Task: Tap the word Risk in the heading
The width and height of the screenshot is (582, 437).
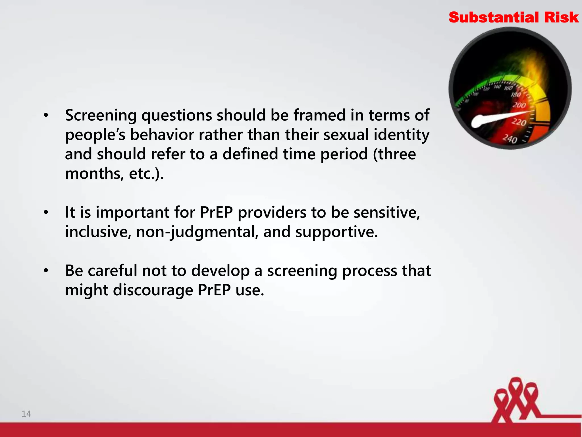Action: pyautogui.click(x=561, y=18)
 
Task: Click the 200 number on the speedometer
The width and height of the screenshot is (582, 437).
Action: pyautogui.click(x=519, y=105)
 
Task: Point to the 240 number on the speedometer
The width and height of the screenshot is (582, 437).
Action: pyautogui.click(x=510, y=139)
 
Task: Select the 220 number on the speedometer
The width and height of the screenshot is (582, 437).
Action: pyautogui.click(x=519, y=122)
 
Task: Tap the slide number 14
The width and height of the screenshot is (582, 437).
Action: pyautogui.click(x=26, y=414)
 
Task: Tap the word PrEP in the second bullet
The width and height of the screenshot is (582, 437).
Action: pyautogui.click(x=216, y=212)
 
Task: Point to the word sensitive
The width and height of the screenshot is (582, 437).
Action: pyautogui.click(x=386, y=212)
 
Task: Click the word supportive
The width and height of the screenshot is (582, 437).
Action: pyautogui.click(x=336, y=232)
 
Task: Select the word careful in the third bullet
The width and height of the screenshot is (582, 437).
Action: pyautogui.click(x=113, y=271)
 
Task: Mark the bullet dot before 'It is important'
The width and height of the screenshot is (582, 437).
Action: pyautogui.click(x=46, y=212)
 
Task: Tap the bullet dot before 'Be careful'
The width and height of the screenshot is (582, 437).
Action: pyautogui.click(x=46, y=271)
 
